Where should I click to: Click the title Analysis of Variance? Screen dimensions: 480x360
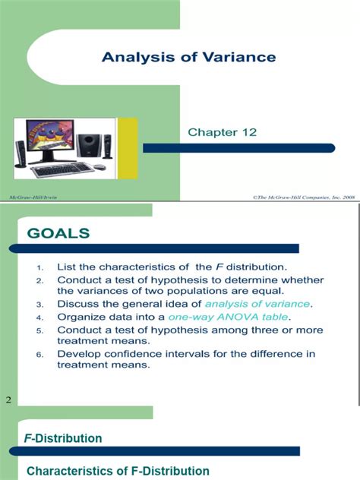point(189,57)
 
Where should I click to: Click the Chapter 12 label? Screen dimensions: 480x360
point(223,132)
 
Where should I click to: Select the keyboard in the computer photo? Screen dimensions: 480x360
point(62,169)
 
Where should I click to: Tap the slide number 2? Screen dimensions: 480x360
point(8,399)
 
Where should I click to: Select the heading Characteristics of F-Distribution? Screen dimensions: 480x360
point(118,471)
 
